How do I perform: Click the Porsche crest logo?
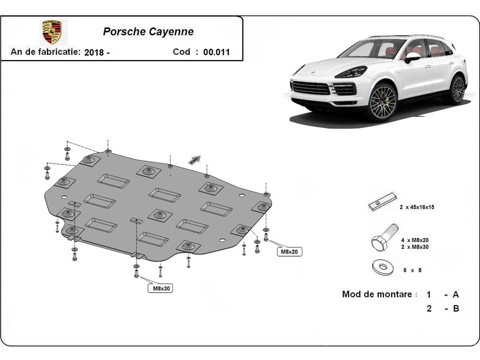[x=52, y=32]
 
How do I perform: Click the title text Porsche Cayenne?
[x=148, y=32]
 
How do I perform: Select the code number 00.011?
[x=216, y=52]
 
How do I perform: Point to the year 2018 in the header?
[x=94, y=52]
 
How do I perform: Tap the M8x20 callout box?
[x=290, y=252]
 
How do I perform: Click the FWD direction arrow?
[x=194, y=160]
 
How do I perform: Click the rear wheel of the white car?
[x=458, y=89]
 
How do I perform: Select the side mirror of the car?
[x=412, y=57]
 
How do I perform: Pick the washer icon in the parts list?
[x=383, y=267]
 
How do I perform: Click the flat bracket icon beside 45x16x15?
[x=382, y=201]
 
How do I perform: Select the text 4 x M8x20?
[x=415, y=240]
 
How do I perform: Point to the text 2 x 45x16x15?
[x=417, y=207]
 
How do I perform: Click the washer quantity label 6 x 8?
[x=412, y=270]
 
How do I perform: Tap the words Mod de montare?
[x=377, y=294]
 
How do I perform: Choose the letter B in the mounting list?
[x=456, y=308]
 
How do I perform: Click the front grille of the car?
[x=311, y=88]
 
